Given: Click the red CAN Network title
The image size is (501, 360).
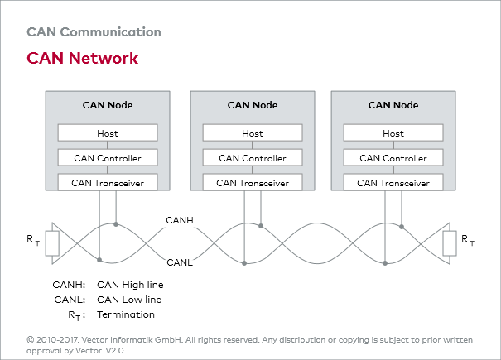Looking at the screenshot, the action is [x=83, y=58].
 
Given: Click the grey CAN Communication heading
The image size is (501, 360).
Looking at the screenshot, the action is [x=94, y=32].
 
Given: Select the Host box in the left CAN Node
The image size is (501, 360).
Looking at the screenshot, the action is [x=108, y=132].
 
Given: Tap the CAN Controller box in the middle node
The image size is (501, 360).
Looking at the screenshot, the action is [x=253, y=157].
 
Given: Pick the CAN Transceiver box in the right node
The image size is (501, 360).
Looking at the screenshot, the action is [x=393, y=182].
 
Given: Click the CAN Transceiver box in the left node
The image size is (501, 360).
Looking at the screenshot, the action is [x=108, y=182].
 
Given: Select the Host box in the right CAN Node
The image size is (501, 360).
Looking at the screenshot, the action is [x=393, y=132].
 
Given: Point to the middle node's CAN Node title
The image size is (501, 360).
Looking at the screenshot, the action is [x=253, y=105].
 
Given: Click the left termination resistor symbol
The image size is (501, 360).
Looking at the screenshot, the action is [x=52, y=243].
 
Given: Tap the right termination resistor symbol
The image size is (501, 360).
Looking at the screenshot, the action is [x=450, y=243].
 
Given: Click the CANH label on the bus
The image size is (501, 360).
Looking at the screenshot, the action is [x=180, y=220].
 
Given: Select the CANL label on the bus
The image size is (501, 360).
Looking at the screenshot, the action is [x=180, y=262].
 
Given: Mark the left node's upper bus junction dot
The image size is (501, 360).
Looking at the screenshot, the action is [x=116, y=224].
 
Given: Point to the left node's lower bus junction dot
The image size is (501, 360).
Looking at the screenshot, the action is [x=99, y=260].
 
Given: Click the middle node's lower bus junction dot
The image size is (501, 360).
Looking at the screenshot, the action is [x=244, y=263].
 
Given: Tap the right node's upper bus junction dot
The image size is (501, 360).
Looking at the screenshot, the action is [x=402, y=227].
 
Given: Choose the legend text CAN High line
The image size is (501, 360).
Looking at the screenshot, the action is [x=130, y=285].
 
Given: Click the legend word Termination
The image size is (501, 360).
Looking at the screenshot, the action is [x=126, y=314].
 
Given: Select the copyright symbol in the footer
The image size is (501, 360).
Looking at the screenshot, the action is [x=31, y=340].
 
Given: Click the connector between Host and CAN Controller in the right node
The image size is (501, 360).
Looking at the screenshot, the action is [x=393, y=145].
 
